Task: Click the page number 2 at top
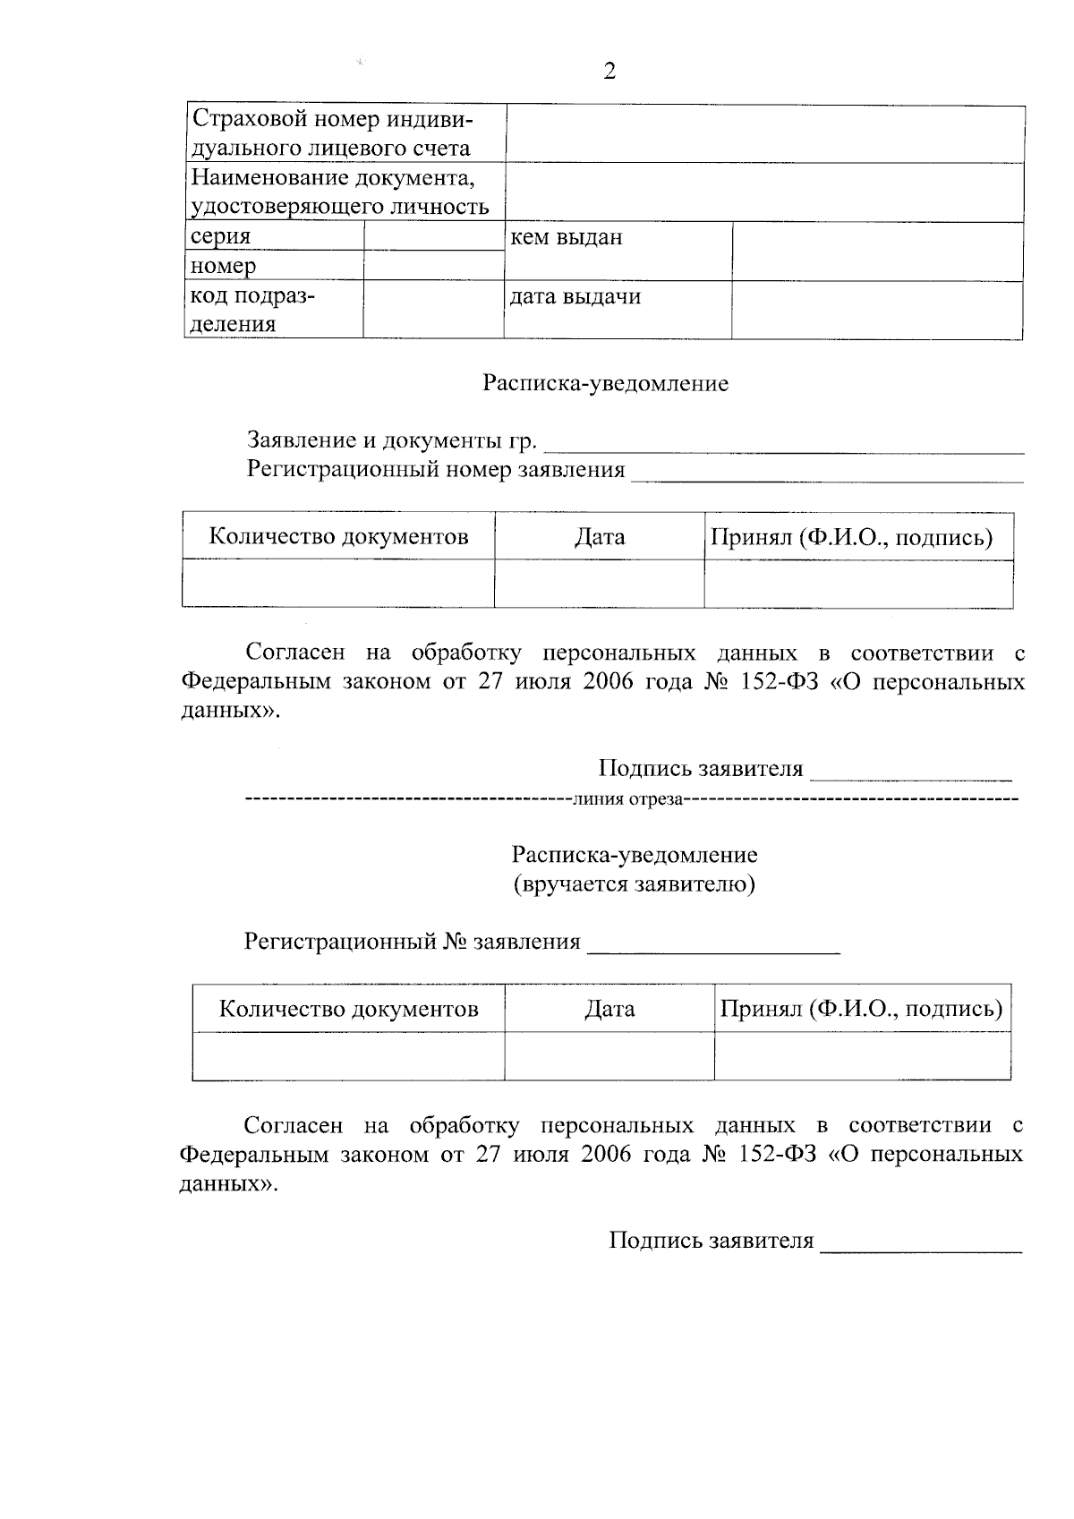[609, 72]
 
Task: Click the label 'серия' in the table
[220, 237]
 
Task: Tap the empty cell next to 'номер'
[433, 266]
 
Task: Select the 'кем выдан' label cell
[566, 238]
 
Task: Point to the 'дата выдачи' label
[575, 296]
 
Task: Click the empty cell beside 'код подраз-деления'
[433, 310]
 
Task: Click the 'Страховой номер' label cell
[332, 133]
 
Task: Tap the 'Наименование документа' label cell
[340, 192]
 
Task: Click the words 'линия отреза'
[626, 799]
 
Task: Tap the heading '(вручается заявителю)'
[634, 884]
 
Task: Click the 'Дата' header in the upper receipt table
[600, 537]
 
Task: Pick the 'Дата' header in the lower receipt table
[609, 1010]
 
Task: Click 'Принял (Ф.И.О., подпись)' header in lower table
[861, 1010]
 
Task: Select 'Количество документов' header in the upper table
[338, 537]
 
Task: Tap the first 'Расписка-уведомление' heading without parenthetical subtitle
[606, 384]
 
